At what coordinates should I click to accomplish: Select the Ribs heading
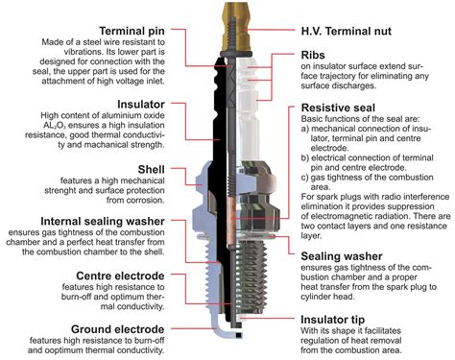coord(317,56)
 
